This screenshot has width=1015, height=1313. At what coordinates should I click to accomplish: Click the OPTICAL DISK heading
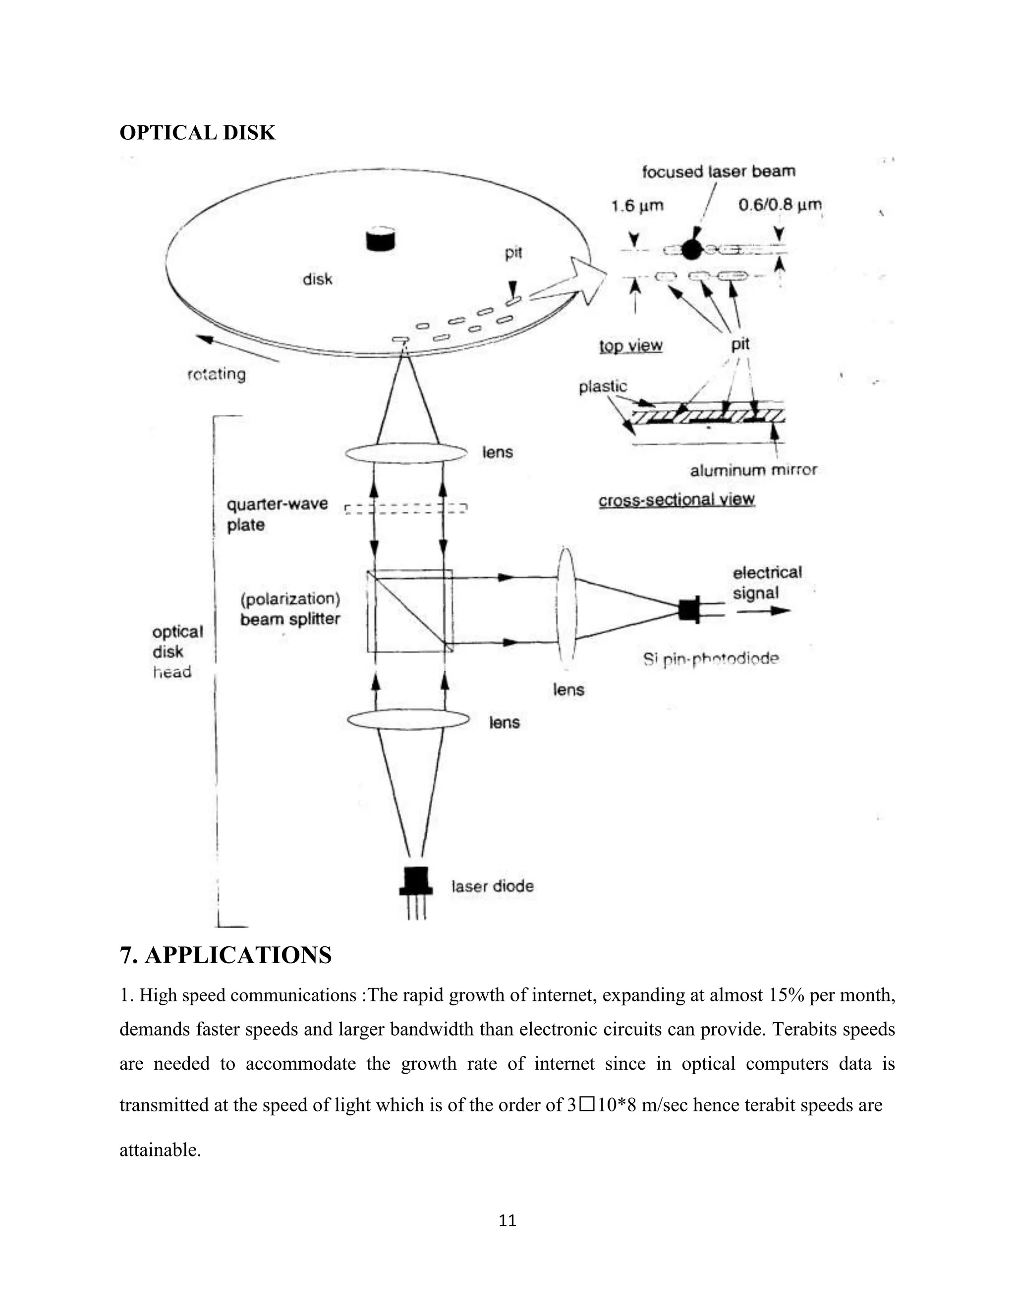pyautogui.click(x=197, y=132)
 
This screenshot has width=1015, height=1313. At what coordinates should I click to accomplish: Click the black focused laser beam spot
pyautogui.click(x=692, y=249)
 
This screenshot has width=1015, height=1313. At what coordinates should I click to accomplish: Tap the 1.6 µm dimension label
pyautogui.click(x=637, y=206)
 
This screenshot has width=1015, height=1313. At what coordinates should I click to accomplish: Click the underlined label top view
pyautogui.click(x=630, y=346)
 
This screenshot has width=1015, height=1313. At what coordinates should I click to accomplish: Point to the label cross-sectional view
pyautogui.click(x=676, y=499)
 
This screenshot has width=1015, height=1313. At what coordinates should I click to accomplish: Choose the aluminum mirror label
pyautogui.click(x=753, y=470)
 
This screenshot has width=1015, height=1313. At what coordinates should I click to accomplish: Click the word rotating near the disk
pyautogui.click(x=217, y=374)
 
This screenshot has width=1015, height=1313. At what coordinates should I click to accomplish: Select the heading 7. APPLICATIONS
pyautogui.click(x=226, y=955)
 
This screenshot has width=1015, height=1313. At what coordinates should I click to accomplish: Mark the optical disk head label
pyautogui.click(x=176, y=652)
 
